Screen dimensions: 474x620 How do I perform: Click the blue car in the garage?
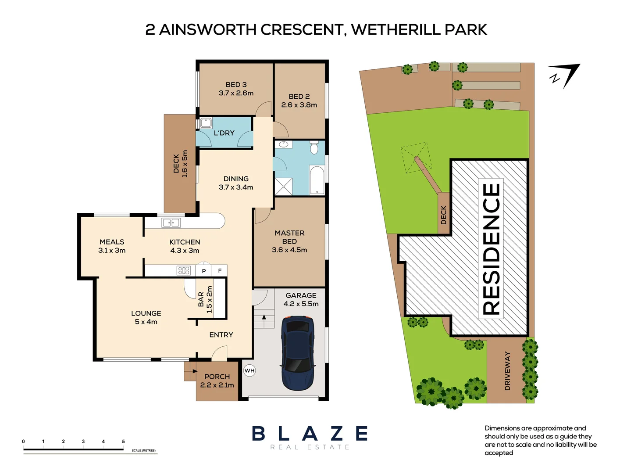click(x=298, y=353)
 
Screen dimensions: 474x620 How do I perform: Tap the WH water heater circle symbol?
click(x=249, y=370)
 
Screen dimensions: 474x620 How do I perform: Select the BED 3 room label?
click(x=236, y=89)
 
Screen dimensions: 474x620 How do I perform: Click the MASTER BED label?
click(x=289, y=241)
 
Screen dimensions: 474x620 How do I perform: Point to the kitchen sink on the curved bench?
click(x=171, y=223)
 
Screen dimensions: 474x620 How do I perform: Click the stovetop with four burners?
click(x=184, y=270)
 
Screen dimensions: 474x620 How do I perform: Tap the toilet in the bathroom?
click(x=314, y=148)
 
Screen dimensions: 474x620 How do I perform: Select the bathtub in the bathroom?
click(x=317, y=180)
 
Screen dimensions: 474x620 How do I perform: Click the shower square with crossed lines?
click(x=283, y=187)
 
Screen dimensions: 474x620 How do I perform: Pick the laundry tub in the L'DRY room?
click(x=206, y=123)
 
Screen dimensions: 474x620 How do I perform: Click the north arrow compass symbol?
click(x=566, y=75)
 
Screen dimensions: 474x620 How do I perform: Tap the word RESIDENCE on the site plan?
click(x=491, y=249)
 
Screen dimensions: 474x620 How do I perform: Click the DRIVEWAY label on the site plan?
click(x=507, y=370)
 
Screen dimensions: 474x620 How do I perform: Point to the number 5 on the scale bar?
click(x=123, y=442)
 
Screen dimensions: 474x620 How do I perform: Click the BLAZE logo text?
click(x=310, y=434)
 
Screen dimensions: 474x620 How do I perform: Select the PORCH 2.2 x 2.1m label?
click(x=217, y=381)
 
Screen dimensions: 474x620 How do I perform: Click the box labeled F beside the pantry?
click(x=220, y=271)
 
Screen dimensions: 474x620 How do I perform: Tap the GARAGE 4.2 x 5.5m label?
click(x=301, y=299)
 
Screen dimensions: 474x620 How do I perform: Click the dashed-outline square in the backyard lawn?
click(x=415, y=158)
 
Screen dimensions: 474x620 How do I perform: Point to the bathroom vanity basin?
click(x=283, y=144)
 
